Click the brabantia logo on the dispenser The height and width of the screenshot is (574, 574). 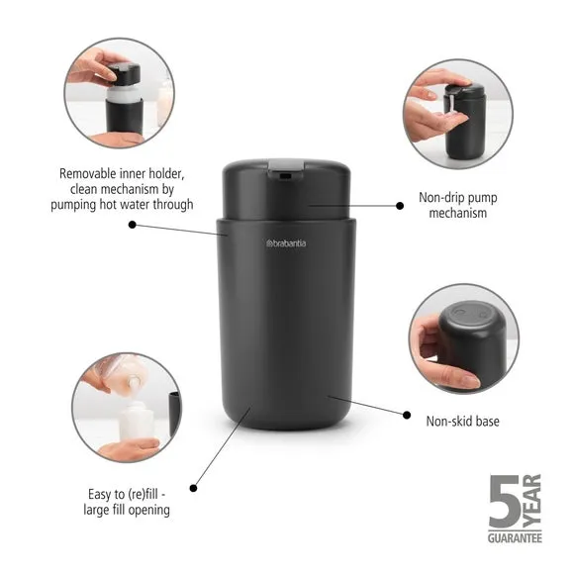(286, 243)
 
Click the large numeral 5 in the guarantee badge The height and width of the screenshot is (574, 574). (505, 501)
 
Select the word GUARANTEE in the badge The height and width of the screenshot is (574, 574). (515, 538)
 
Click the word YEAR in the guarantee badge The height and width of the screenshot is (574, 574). (531, 501)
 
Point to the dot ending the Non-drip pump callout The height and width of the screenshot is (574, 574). (400, 206)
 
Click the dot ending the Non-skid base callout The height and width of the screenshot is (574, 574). (407, 415)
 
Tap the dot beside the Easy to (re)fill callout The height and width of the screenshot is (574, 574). (193, 488)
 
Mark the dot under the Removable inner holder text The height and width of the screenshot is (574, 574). (133, 225)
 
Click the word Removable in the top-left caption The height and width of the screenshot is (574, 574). (88, 173)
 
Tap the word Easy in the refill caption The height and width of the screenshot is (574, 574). (100, 495)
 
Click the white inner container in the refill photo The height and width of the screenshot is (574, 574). (138, 421)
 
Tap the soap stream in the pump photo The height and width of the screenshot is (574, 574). (451, 106)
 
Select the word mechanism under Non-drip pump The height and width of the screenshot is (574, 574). (457, 213)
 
